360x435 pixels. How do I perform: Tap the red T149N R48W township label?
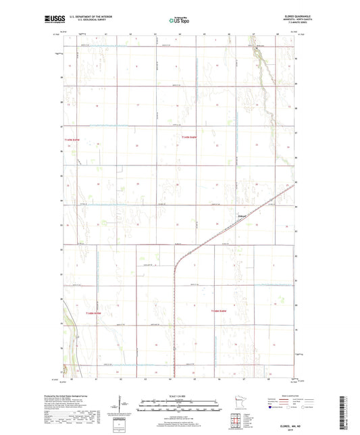pos(188,137)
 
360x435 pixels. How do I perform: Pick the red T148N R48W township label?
pos(219,311)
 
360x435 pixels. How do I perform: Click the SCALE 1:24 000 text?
pos(179,396)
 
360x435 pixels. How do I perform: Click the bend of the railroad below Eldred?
pos(178,257)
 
